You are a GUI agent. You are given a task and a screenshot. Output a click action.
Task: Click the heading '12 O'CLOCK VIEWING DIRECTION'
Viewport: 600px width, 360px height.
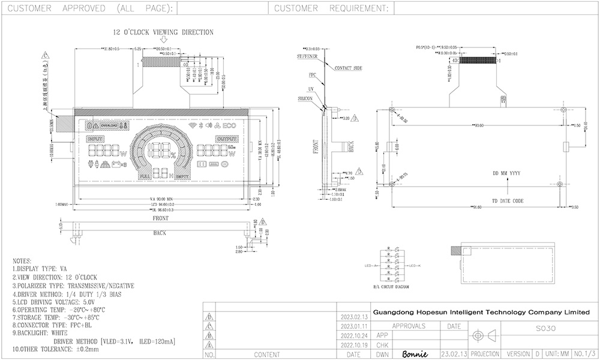coord(163,32)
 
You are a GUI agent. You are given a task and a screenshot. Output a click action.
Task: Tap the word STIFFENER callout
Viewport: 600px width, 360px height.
coord(307,56)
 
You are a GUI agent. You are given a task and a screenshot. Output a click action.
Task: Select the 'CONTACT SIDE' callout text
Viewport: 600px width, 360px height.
coord(349,68)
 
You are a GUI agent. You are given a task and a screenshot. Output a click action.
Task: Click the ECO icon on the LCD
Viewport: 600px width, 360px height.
coord(230,127)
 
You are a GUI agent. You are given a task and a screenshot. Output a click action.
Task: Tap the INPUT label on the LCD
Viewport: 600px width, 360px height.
coord(96,139)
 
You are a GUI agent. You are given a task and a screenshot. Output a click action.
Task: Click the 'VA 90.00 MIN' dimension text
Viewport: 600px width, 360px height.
coord(161,199)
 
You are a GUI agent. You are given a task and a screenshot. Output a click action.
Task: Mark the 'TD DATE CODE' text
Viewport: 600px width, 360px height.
coord(508,200)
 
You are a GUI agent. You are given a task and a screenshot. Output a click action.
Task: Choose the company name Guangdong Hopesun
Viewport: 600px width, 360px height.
coord(481,312)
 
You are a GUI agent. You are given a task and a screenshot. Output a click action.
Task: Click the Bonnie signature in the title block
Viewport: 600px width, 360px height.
coord(414,354)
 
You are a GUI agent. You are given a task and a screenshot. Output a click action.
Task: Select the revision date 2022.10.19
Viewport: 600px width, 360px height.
coord(353,345)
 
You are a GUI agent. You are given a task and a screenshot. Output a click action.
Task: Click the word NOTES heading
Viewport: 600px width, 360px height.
coord(22,262)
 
